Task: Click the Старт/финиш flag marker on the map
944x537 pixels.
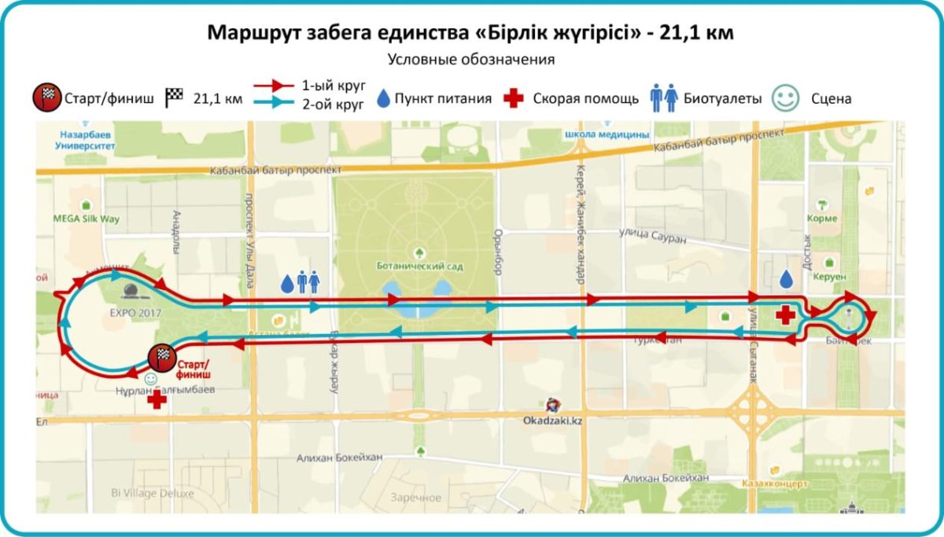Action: click(160, 358)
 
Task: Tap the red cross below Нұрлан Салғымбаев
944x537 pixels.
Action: click(157, 399)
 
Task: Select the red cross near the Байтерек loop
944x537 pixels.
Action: click(784, 314)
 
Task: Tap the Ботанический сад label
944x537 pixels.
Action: click(419, 266)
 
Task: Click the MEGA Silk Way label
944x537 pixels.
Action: click(87, 219)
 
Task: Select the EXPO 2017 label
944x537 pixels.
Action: click(128, 311)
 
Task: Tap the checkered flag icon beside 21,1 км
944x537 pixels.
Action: click(174, 98)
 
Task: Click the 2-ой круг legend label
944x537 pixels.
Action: click(334, 106)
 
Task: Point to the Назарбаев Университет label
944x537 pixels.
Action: click(87, 141)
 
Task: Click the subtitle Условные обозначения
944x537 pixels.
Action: click(471, 60)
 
